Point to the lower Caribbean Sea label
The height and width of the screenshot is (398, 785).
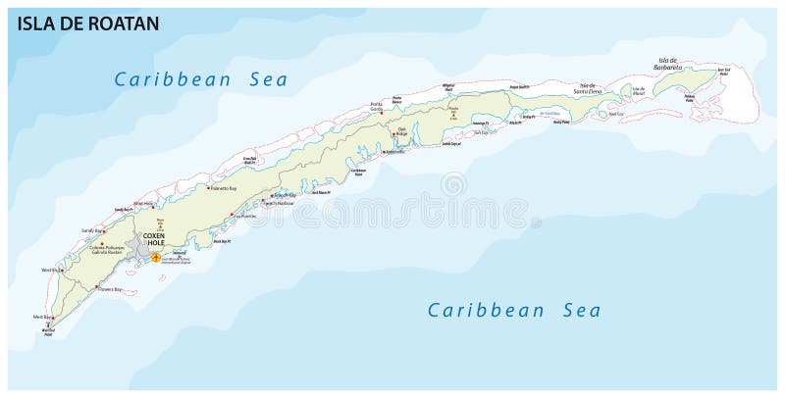click(514, 311)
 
